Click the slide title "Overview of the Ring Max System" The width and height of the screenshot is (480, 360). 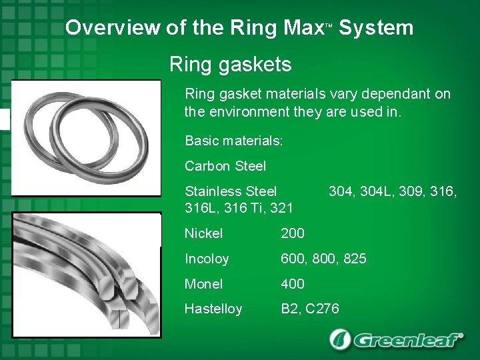(239, 28)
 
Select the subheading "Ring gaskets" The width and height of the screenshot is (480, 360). (230, 65)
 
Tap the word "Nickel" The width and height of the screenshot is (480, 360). (203, 233)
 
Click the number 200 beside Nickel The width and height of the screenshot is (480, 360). (292, 233)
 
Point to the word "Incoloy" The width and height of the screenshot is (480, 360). (206, 259)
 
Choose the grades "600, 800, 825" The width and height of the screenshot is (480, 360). (323, 259)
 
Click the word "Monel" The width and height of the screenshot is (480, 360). (203, 284)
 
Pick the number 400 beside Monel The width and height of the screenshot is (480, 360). (292, 284)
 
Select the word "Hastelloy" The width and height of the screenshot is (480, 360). (213, 309)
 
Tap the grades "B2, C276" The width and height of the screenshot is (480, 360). (310, 309)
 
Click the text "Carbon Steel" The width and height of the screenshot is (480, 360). (225, 166)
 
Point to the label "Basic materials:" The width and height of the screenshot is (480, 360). (234, 141)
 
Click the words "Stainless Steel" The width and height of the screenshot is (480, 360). (231, 192)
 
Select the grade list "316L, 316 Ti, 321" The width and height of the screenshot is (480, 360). (239, 208)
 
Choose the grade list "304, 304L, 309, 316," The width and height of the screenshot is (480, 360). (393, 192)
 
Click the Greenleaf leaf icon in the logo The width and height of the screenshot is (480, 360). (341, 339)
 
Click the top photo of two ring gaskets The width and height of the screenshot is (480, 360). (86, 138)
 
